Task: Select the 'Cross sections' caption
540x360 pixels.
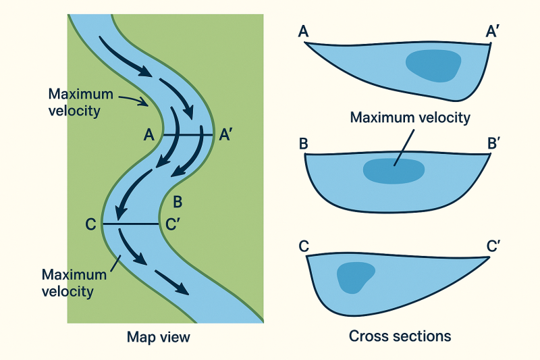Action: pos(400,336)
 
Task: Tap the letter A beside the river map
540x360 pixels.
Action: pos(150,135)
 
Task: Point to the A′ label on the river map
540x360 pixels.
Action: pos(227,135)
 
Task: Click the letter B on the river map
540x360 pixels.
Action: pos(178,201)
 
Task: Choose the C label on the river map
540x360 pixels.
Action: pos(90,224)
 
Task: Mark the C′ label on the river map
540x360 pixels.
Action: pos(172,224)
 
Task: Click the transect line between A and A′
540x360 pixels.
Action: pos(186,135)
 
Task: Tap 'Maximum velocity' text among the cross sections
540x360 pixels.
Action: pos(410,118)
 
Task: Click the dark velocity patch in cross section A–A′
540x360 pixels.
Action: pos(433,66)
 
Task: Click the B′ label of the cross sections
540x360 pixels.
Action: pos(495,145)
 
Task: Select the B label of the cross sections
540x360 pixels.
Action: pos(303,145)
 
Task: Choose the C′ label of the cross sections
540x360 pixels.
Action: pos(493,247)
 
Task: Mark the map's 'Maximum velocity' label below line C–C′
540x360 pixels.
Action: pos(74,283)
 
